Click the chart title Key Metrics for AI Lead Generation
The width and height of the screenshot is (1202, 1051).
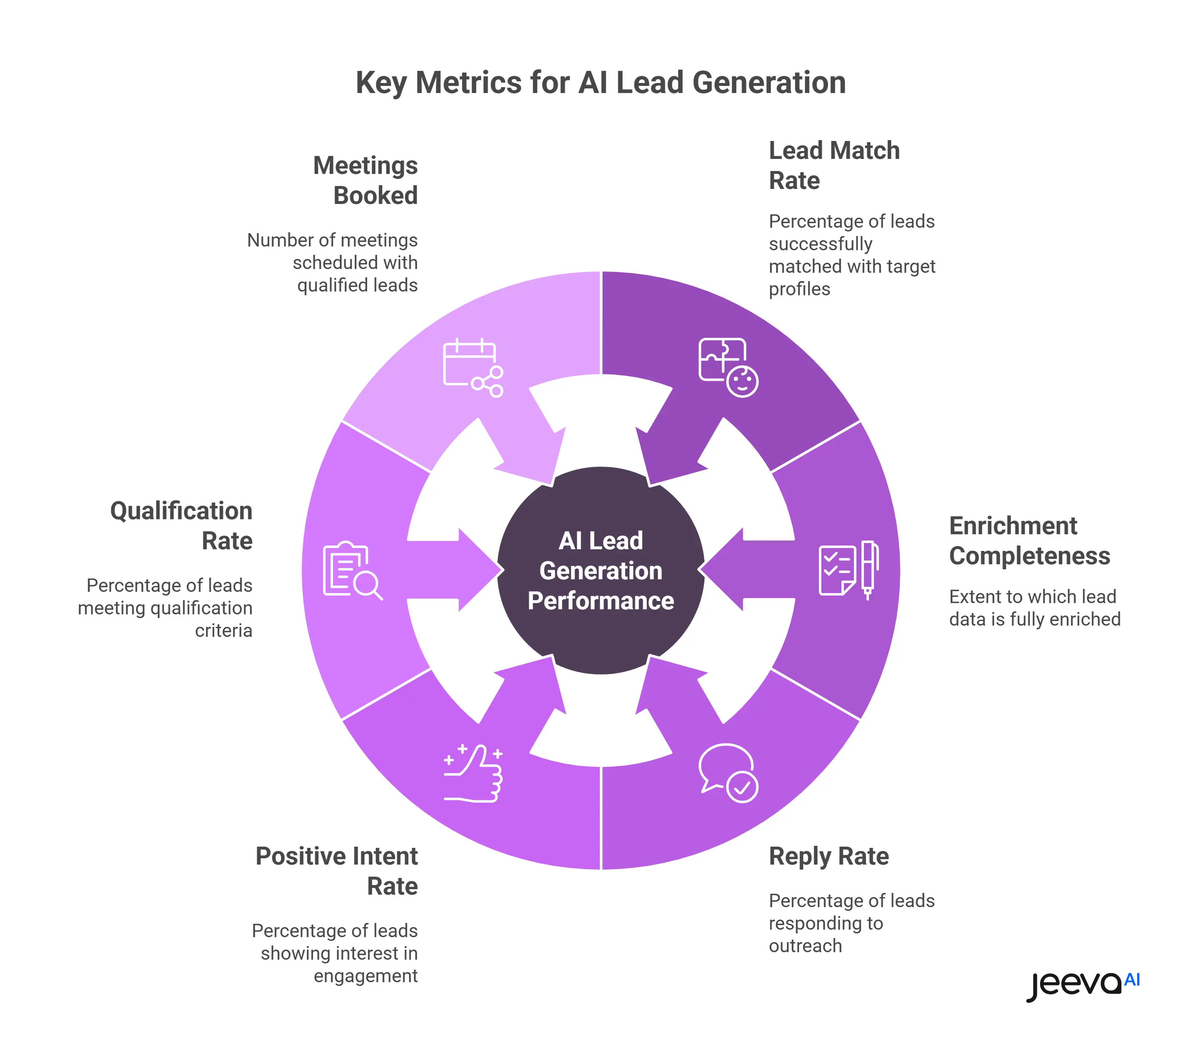(601, 83)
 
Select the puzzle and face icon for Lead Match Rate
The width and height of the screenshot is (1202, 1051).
(728, 367)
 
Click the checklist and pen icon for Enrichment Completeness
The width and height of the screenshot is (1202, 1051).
(848, 569)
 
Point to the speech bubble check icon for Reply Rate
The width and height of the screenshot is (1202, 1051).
(728, 772)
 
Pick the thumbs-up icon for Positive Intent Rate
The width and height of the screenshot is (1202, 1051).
(473, 772)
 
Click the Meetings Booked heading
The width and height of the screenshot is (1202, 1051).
(365, 180)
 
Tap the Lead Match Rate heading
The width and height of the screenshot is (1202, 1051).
(833, 166)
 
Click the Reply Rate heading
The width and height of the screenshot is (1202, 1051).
(829, 856)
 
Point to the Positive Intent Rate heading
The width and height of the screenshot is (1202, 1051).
(337, 871)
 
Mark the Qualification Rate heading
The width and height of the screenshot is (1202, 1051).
(182, 525)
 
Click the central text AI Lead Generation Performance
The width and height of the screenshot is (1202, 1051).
(601, 571)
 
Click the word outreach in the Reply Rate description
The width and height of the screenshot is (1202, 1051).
(805, 946)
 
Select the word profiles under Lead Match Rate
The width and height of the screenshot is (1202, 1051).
(799, 289)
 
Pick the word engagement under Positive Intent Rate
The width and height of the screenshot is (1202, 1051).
(365, 976)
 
